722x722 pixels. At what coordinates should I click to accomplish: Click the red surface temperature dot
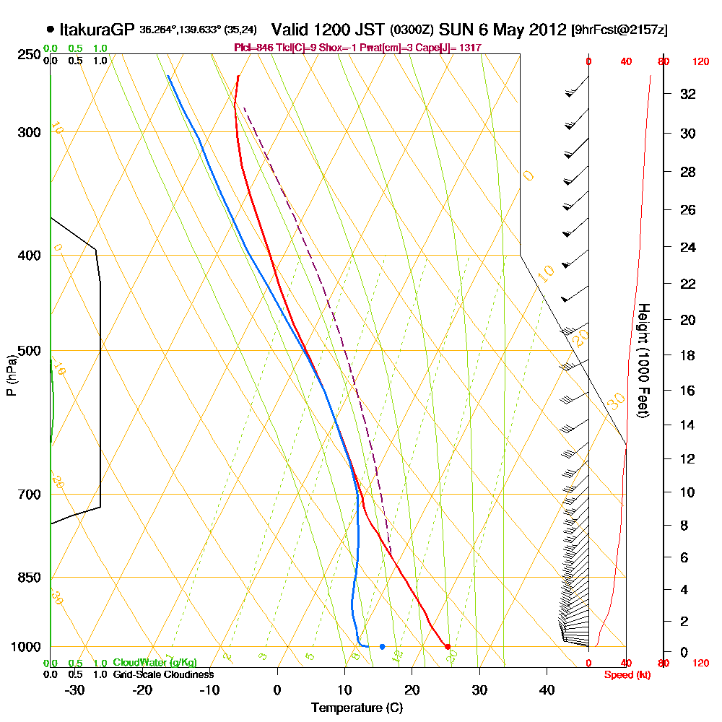coord(448,646)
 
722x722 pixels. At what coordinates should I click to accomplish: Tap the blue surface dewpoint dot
coord(382,646)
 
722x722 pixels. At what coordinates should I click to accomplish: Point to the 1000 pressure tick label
coord(27,647)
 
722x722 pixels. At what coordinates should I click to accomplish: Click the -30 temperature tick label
coord(74,690)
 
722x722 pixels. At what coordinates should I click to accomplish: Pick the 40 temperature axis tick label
coord(547,690)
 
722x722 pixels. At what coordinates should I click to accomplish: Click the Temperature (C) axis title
coord(357,708)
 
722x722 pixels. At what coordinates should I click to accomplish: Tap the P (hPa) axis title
coord(11,375)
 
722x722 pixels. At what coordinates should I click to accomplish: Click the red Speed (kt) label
coord(624,674)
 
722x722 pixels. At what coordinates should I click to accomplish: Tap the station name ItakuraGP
coord(96,30)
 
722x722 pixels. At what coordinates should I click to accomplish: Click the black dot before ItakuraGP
coord(50,30)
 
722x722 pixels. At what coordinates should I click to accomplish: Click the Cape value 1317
coord(469,48)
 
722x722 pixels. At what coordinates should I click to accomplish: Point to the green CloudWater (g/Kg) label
coord(155,663)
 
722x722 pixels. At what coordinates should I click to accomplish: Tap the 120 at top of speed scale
coord(700,62)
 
